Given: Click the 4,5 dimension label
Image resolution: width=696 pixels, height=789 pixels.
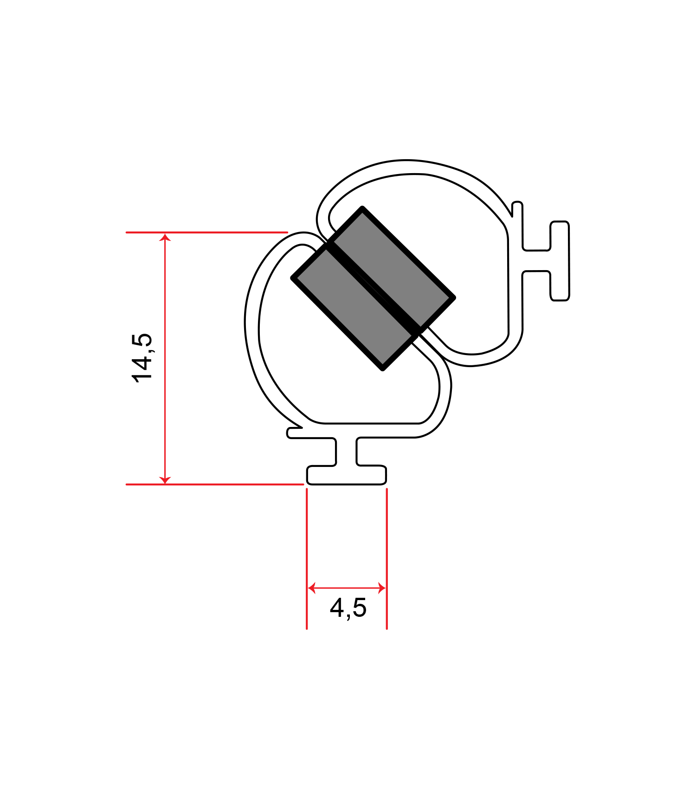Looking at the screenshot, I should point(348,608).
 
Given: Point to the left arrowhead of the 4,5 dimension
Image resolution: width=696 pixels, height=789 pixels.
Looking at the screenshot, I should point(311,588).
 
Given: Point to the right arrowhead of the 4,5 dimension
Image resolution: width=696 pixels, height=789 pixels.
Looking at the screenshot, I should point(382,588).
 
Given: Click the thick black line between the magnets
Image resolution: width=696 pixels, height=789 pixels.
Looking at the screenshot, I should point(374,288).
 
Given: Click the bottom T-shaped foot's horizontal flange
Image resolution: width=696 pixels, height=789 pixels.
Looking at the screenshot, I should point(346,475).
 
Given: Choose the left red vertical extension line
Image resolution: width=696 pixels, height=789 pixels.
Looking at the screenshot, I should point(307,557).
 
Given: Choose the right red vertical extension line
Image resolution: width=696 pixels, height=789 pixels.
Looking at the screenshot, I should point(387,557).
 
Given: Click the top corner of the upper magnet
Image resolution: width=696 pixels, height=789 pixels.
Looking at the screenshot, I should point(362,209).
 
